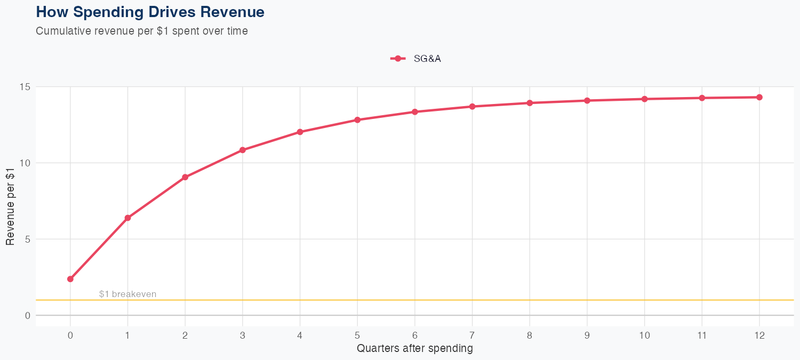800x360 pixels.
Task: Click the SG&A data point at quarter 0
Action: tap(70, 279)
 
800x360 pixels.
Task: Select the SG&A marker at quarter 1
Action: tap(127, 218)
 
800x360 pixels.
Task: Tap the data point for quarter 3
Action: tap(243, 150)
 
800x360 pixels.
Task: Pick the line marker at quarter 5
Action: tap(357, 120)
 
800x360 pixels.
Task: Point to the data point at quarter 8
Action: tap(530, 103)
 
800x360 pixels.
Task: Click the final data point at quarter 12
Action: tap(759, 97)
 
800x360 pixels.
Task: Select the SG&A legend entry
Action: tap(416, 59)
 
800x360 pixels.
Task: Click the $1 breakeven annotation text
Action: tap(127, 294)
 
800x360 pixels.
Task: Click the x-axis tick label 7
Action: tap(472, 335)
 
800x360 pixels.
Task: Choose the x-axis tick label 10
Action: tap(644, 335)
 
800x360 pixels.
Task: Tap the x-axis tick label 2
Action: tap(185, 335)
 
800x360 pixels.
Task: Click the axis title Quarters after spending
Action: tap(414, 349)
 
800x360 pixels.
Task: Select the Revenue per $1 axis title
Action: tap(10, 206)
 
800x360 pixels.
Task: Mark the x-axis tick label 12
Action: tap(759, 335)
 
